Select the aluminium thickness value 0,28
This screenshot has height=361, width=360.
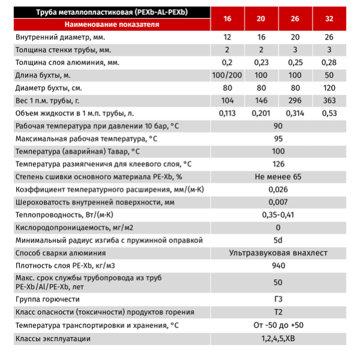coord(330,62)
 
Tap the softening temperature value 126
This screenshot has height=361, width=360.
coord(278,164)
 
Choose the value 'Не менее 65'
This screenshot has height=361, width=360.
coord(278,177)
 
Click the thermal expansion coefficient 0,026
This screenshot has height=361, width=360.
coord(278,190)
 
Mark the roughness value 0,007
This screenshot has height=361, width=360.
coord(278,202)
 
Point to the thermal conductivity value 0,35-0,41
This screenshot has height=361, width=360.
coord(278,215)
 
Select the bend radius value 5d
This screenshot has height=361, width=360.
coord(278,241)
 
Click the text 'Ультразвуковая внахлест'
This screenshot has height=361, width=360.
coord(278,253)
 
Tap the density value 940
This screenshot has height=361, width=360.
coord(278,267)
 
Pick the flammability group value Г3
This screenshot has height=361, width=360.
coord(278,299)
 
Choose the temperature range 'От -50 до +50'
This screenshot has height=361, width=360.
coord(278,326)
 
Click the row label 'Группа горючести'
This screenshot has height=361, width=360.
coord(47,299)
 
